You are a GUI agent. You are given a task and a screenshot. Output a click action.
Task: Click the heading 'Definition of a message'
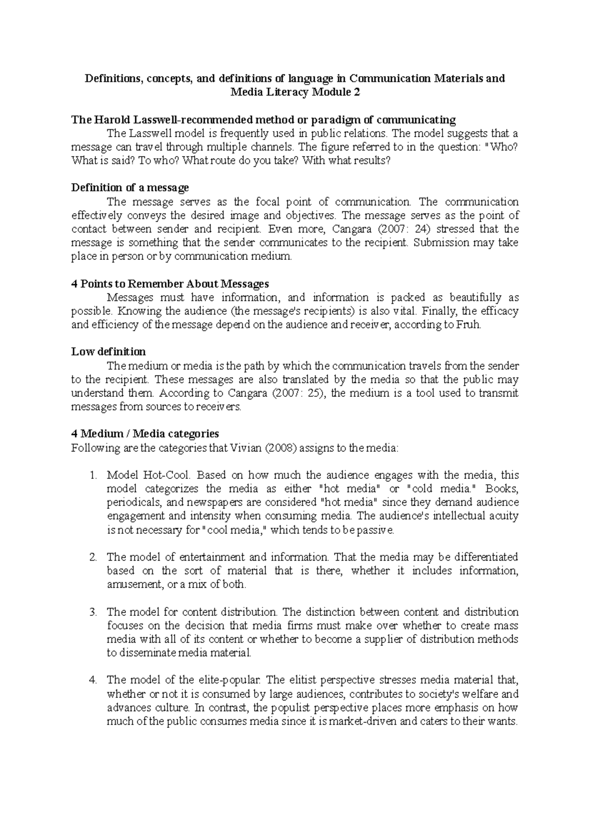(130, 188)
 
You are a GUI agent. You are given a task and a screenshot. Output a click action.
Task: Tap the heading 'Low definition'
(108, 352)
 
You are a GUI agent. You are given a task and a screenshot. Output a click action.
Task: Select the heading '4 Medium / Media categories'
(145, 434)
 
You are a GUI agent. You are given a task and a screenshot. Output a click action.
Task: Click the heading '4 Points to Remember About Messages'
(170, 283)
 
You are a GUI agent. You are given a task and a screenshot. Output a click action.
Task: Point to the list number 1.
(94, 475)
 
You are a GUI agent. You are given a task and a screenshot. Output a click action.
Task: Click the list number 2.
(94, 557)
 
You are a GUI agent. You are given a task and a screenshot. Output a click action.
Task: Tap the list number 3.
(94, 612)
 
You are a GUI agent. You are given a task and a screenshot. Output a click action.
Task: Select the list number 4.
(94, 680)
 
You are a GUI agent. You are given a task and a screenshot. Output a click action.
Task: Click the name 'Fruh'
(469, 325)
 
